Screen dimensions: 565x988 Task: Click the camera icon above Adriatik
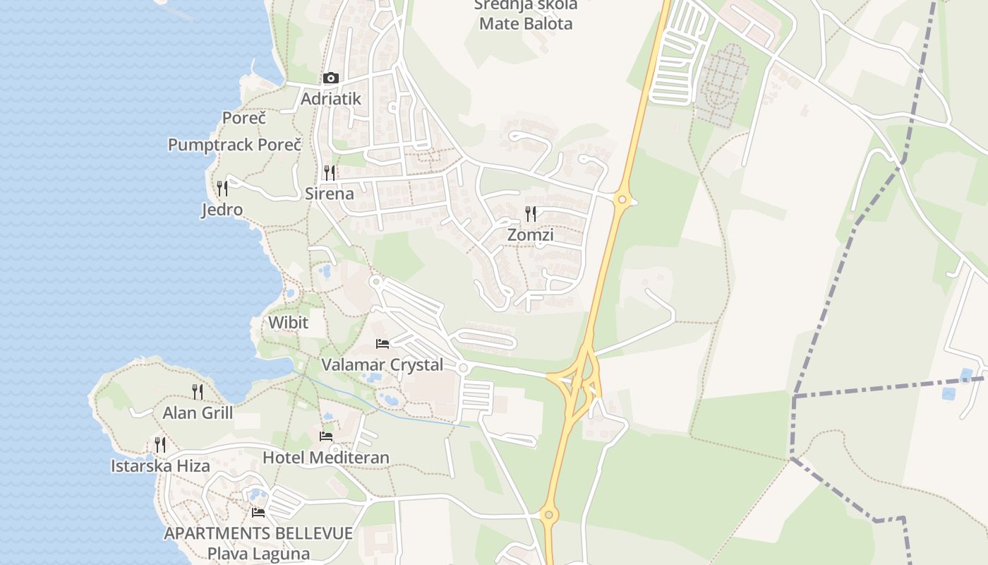(x=330, y=78)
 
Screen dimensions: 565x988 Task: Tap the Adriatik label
(x=330, y=99)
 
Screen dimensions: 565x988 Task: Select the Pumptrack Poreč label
(x=234, y=145)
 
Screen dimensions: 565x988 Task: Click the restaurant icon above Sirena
(x=329, y=172)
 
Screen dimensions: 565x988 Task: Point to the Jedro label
(x=222, y=210)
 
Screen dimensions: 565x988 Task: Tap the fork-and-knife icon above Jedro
(x=222, y=189)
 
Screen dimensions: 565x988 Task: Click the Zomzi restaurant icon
(x=531, y=213)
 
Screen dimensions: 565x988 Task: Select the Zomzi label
(x=531, y=234)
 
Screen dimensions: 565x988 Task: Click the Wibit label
(x=288, y=323)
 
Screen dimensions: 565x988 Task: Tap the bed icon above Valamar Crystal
(x=382, y=344)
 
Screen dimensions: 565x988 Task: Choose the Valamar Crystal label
(x=382, y=365)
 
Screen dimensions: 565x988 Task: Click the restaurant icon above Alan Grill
(x=198, y=391)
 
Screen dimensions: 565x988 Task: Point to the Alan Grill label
(x=198, y=413)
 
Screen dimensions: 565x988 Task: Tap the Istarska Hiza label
(x=160, y=466)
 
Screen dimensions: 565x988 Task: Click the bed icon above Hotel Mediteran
(x=326, y=436)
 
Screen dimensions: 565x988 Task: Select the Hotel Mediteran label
(x=326, y=458)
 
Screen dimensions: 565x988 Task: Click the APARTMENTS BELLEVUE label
(x=258, y=533)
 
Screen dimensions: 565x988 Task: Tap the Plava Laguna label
(x=258, y=554)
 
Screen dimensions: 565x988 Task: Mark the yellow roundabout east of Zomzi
(x=622, y=200)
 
